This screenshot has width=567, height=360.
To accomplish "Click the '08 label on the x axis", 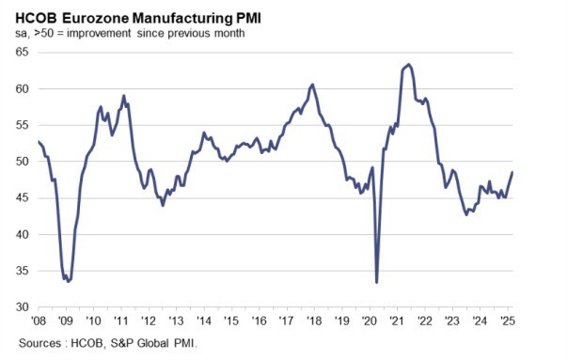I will click(x=38, y=320).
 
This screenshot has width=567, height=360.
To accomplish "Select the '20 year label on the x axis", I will click(x=369, y=320).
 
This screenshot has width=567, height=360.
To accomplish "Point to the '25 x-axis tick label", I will click(x=507, y=320).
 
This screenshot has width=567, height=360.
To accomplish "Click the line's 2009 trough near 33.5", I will click(x=69, y=281).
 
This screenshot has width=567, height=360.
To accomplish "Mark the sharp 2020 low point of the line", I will click(x=377, y=283).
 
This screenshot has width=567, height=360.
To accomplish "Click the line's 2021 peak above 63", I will click(x=409, y=64).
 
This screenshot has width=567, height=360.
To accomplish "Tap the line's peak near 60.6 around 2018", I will click(x=313, y=84).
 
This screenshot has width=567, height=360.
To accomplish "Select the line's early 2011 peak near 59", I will click(x=123, y=95).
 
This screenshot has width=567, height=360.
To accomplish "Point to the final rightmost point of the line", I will click(x=512, y=172).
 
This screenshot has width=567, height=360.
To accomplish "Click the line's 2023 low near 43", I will click(x=466, y=215).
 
